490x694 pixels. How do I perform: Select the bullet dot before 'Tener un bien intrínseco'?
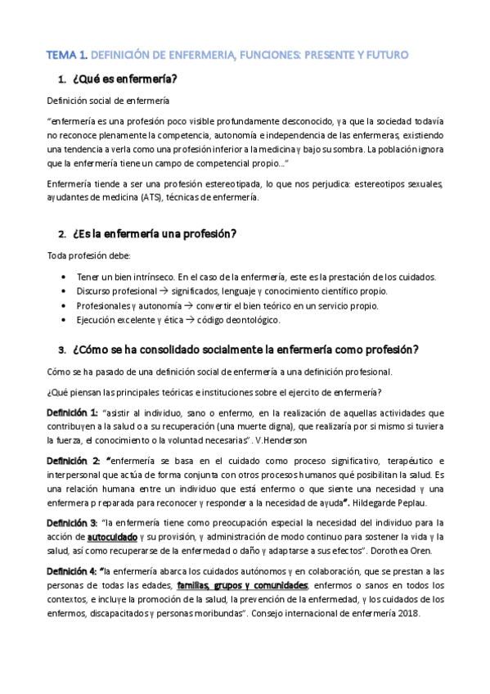(65, 277)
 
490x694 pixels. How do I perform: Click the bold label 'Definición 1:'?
(72, 412)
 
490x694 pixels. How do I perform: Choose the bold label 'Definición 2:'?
(72, 460)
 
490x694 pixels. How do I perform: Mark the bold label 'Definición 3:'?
(72, 522)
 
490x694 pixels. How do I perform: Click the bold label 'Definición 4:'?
(72, 570)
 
